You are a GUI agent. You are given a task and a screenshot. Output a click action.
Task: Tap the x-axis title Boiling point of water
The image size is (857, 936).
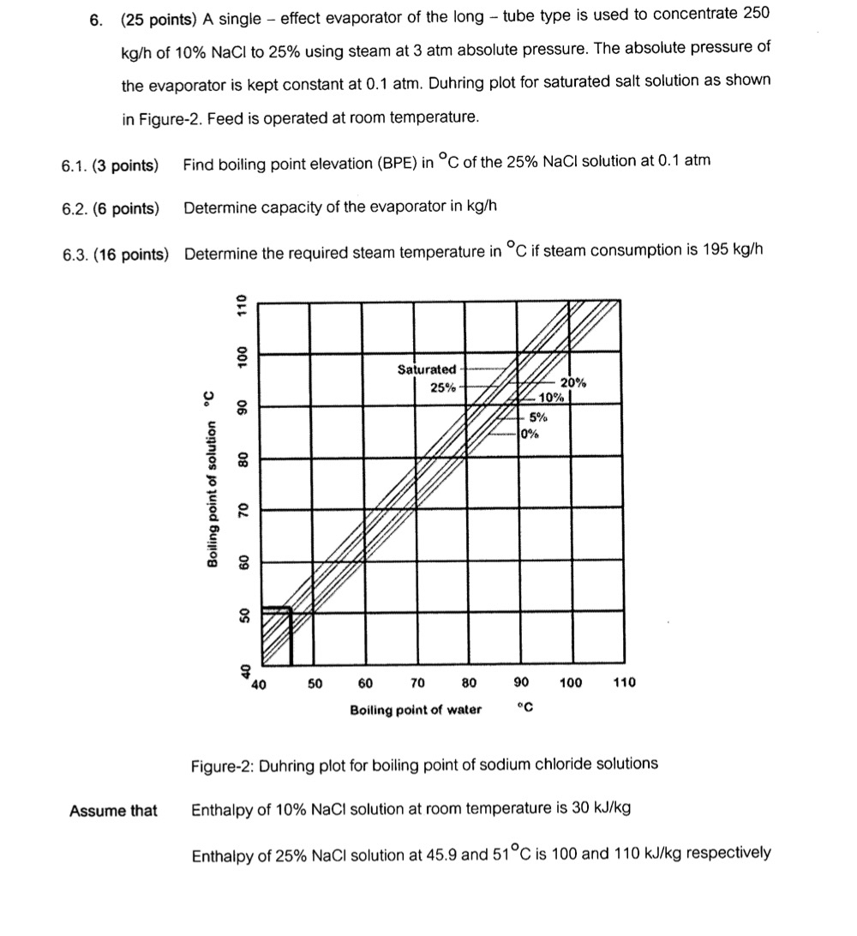click(x=415, y=710)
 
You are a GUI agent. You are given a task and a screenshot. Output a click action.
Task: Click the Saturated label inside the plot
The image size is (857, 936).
click(x=427, y=369)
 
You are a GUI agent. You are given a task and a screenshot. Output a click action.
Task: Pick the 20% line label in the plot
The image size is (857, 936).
click(x=572, y=383)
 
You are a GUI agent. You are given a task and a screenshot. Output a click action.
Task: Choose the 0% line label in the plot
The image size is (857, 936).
click(x=530, y=434)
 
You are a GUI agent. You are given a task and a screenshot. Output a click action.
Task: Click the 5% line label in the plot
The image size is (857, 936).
click(x=538, y=417)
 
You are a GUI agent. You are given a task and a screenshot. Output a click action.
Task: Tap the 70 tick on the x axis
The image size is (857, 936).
click(x=417, y=684)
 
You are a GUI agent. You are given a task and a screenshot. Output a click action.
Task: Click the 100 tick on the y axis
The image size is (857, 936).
click(x=243, y=357)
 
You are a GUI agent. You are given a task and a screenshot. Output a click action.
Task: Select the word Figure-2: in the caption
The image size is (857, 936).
click(x=219, y=764)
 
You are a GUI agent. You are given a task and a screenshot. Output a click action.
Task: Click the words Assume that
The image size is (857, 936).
click(x=113, y=810)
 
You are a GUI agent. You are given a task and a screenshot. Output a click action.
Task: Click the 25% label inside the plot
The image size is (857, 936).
click(x=442, y=387)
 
